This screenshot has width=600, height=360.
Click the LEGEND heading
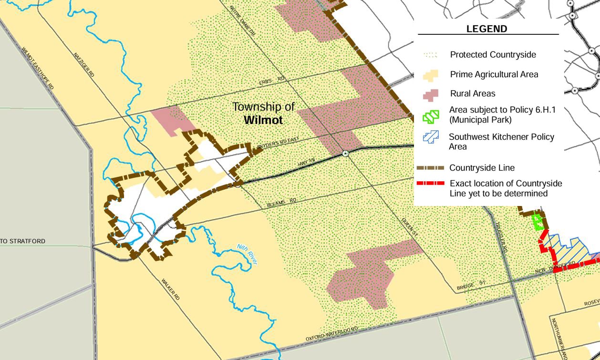pyautogui.click(x=486, y=29)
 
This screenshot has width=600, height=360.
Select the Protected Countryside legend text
pyautogui.click(x=493, y=55)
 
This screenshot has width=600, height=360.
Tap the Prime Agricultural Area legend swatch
pyautogui.click(x=430, y=75)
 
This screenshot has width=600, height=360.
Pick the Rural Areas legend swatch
pyautogui.click(x=430, y=93)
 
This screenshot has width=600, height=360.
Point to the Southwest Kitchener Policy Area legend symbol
pyautogui.click(x=430, y=138)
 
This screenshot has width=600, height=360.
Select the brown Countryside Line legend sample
pyautogui.click(x=430, y=168)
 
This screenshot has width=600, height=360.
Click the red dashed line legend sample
pyautogui.click(x=430, y=184)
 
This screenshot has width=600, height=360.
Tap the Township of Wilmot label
pyautogui.click(x=263, y=113)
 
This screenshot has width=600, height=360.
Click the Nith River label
pyautogui.click(x=248, y=254)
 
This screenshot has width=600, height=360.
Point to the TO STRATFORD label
pyautogui.click(x=23, y=241)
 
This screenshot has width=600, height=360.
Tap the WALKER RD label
pyautogui.click(x=170, y=289)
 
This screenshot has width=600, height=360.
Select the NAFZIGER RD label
pyautogui.click(x=84, y=65)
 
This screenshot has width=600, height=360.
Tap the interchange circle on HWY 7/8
pyautogui.click(x=345, y=154)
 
